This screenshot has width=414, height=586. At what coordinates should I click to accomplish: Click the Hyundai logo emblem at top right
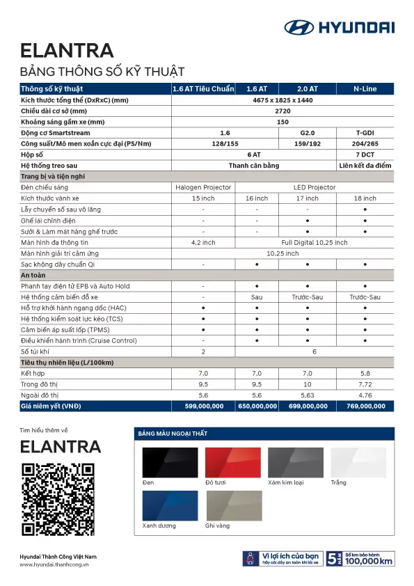[299, 27]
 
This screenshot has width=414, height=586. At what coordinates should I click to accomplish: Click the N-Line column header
[365, 89]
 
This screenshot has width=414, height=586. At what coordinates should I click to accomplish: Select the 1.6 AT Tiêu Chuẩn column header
[202, 89]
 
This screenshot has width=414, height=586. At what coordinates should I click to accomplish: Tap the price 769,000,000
[365, 406]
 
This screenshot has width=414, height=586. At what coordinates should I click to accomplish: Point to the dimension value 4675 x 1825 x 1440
[282, 100]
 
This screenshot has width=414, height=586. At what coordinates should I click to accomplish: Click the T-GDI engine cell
[365, 132]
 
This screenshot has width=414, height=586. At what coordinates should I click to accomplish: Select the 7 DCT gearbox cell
[365, 155]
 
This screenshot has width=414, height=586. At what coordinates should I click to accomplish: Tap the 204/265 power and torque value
[365, 143]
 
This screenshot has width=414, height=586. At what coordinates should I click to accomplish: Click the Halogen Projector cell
[202, 187]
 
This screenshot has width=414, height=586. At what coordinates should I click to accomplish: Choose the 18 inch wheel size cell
[365, 198]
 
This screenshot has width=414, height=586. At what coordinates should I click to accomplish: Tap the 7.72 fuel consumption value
[365, 384]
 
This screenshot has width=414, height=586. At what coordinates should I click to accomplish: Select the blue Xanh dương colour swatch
[170, 505]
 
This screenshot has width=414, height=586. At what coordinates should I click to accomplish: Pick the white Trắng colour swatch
[358, 461]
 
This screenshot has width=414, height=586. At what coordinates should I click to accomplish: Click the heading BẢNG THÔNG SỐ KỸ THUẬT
[102, 71]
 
